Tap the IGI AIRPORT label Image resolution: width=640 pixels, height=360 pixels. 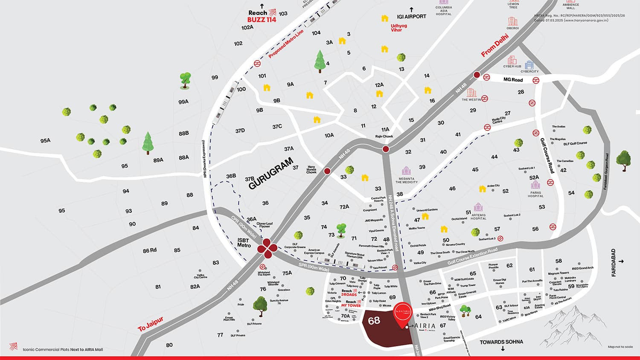[411, 17]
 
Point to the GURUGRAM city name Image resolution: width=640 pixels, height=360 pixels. [271, 174]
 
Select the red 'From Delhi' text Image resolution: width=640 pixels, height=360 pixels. [495, 48]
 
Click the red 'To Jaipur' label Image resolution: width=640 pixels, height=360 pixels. [150, 325]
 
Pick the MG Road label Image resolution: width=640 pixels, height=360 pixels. [512, 80]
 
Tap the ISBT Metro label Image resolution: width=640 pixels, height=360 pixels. [244, 243]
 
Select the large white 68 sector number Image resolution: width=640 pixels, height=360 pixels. [374, 320]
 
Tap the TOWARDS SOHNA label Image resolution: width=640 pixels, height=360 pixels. [501, 342]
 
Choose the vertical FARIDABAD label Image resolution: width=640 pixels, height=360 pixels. [614, 263]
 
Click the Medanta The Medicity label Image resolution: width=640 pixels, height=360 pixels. [406, 180]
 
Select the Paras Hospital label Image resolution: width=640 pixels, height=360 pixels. [535, 194]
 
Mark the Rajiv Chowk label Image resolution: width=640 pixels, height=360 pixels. [384, 136]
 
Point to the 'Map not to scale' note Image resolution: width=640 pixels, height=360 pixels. [620, 347]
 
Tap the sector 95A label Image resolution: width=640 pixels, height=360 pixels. [45, 140]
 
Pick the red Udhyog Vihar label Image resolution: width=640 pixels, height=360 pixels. [399, 28]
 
